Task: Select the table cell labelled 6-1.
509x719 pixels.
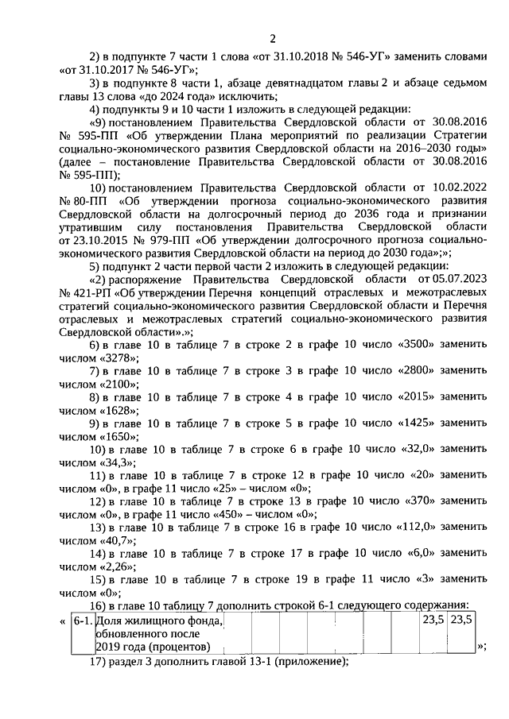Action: click(x=81, y=620)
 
